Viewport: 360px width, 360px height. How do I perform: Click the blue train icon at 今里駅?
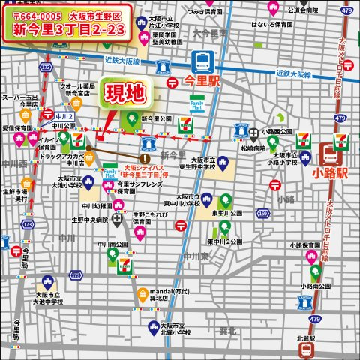coord(202,60)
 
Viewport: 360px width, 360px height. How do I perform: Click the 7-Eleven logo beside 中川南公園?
coord(125,263)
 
